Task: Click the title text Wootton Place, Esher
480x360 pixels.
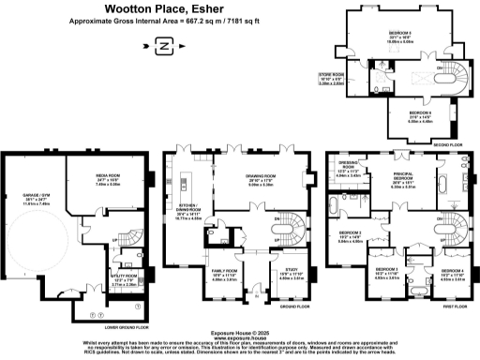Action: click(x=163, y=9)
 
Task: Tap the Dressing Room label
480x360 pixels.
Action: click(x=349, y=172)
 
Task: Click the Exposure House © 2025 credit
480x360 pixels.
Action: click(x=239, y=332)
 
